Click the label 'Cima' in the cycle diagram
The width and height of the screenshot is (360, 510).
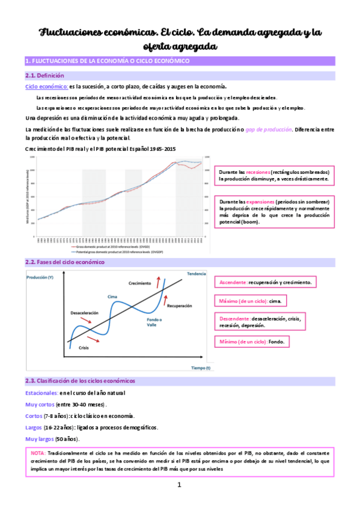(111, 297)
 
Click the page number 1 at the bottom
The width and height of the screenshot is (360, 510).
(179, 485)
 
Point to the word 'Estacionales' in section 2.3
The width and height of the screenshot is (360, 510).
(41, 393)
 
